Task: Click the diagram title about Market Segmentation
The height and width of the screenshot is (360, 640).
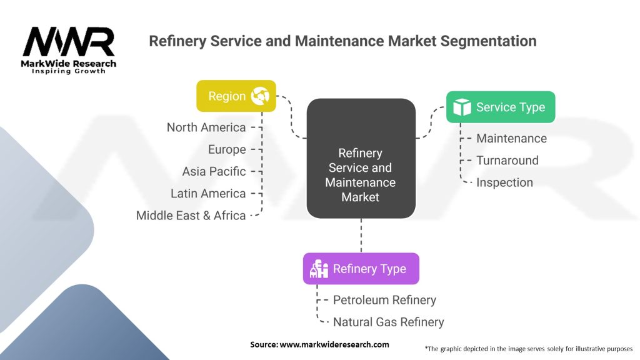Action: point(342,41)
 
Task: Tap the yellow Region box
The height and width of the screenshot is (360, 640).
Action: point(236,96)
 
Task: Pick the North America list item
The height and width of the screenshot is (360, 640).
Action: point(206,127)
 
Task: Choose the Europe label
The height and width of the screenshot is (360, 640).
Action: point(227,149)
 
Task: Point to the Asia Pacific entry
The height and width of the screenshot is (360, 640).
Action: point(214,171)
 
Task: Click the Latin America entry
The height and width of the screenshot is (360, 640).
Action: point(208,194)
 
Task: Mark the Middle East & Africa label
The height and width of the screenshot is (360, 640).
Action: point(191,216)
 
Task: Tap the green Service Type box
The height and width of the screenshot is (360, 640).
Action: point(500,107)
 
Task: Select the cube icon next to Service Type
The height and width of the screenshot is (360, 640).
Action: point(462,107)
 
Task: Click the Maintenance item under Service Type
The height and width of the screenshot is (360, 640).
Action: point(511,139)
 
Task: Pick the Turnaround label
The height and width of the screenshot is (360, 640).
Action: point(507,161)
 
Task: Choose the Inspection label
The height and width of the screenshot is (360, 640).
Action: point(504,182)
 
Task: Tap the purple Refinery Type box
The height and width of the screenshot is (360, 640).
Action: point(361,269)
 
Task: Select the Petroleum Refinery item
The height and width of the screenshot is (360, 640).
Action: point(384,300)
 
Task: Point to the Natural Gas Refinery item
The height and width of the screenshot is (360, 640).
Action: point(388,322)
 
